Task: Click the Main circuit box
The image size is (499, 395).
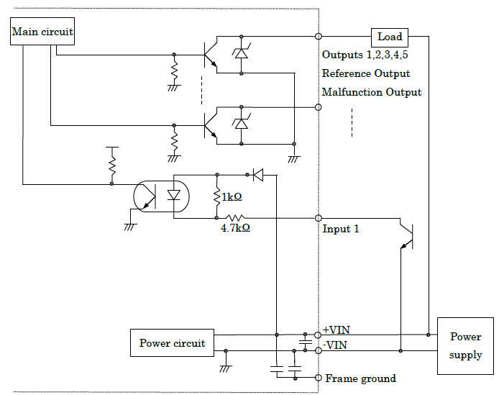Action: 42,32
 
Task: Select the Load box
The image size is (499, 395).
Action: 390,37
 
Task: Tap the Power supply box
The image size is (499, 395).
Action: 465,346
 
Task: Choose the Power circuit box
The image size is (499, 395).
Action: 172,343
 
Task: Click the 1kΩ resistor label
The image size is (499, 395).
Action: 232,197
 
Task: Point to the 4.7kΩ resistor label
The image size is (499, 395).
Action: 235,228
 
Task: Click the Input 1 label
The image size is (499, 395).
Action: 341,229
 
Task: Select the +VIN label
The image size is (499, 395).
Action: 337,330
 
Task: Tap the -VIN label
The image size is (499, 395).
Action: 336,345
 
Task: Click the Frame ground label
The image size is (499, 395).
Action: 360,378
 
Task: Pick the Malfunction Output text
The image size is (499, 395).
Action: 372,92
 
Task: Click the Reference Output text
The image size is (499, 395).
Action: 366,73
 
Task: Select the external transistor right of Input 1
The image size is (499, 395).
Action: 407,235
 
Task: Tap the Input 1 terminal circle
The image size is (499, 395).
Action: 319,217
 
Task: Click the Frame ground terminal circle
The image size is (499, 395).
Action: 319,378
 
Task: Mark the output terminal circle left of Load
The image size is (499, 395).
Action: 319,36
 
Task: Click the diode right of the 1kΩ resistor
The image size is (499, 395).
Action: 259,174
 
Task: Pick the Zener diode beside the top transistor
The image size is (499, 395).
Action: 242,53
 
